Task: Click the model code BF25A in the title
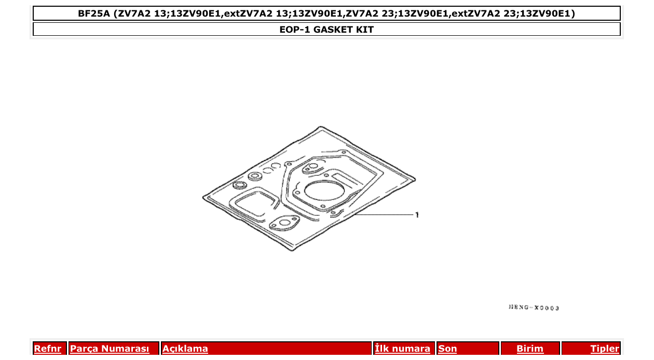pos(94,13)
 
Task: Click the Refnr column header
pos(47,349)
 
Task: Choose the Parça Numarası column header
pos(110,349)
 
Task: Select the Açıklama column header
pos(185,349)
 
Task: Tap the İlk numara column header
pos(403,349)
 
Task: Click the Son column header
pos(447,349)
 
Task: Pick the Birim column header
pos(530,349)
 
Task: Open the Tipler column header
pos(605,349)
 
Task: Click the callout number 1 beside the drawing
pos(417,215)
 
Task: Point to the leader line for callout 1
pos(384,214)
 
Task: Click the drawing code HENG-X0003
pos(534,308)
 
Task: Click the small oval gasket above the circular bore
pos(312,168)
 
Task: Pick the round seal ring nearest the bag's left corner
pos(240,185)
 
